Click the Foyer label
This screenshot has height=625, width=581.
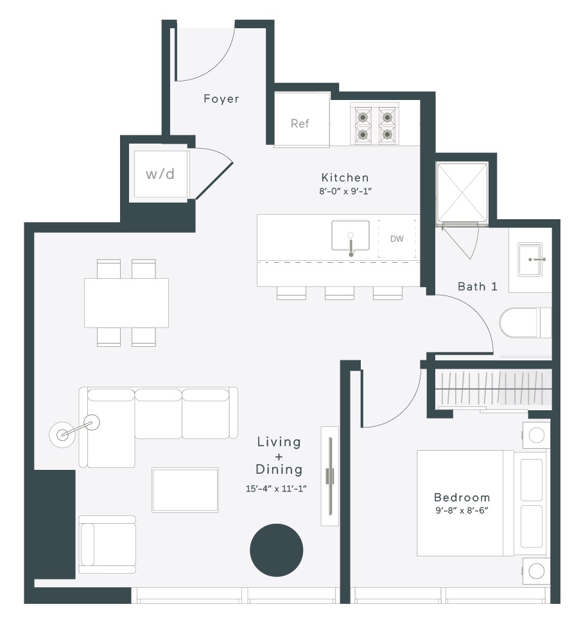point(221,99)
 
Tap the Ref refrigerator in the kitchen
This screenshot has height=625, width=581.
point(302,120)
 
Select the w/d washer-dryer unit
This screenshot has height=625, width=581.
point(160,174)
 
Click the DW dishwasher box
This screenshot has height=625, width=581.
point(397,238)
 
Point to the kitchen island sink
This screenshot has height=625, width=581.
point(350,236)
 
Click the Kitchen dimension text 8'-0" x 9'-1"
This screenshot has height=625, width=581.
point(345,191)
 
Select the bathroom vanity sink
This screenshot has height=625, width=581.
point(530,260)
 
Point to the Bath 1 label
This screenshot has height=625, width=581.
point(478,287)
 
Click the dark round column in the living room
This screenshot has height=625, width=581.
point(276,550)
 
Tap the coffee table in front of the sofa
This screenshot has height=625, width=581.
point(185,490)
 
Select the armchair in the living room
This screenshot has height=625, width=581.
point(107,544)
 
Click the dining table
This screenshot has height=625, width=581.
point(126,303)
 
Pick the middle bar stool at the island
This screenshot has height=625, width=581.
point(340,292)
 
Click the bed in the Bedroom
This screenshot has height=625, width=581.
point(482,503)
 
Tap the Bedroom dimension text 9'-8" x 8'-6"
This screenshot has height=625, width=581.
point(462,511)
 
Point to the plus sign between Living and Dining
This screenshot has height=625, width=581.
point(279,456)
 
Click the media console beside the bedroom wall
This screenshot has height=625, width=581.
point(330,476)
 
